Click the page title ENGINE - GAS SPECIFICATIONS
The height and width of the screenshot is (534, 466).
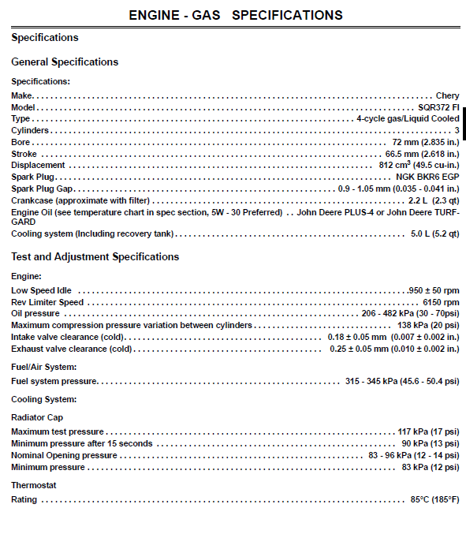click(x=235, y=15)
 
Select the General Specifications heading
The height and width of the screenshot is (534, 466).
click(x=65, y=62)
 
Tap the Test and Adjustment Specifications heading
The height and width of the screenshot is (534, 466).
click(x=95, y=257)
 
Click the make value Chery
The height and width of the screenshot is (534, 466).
click(x=447, y=95)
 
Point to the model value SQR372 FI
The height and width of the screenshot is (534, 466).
click(x=438, y=107)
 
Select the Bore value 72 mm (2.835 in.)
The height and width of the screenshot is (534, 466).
click(x=421, y=142)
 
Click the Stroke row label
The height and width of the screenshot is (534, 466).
click(x=24, y=154)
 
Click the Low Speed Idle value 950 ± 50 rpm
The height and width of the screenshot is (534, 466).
click(x=434, y=290)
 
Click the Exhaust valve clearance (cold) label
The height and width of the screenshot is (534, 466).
click(x=71, y=349)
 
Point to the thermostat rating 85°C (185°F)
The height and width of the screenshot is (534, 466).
click(x=434, y=500)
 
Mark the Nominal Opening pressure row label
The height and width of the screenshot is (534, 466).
click(x=64, y=456)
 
